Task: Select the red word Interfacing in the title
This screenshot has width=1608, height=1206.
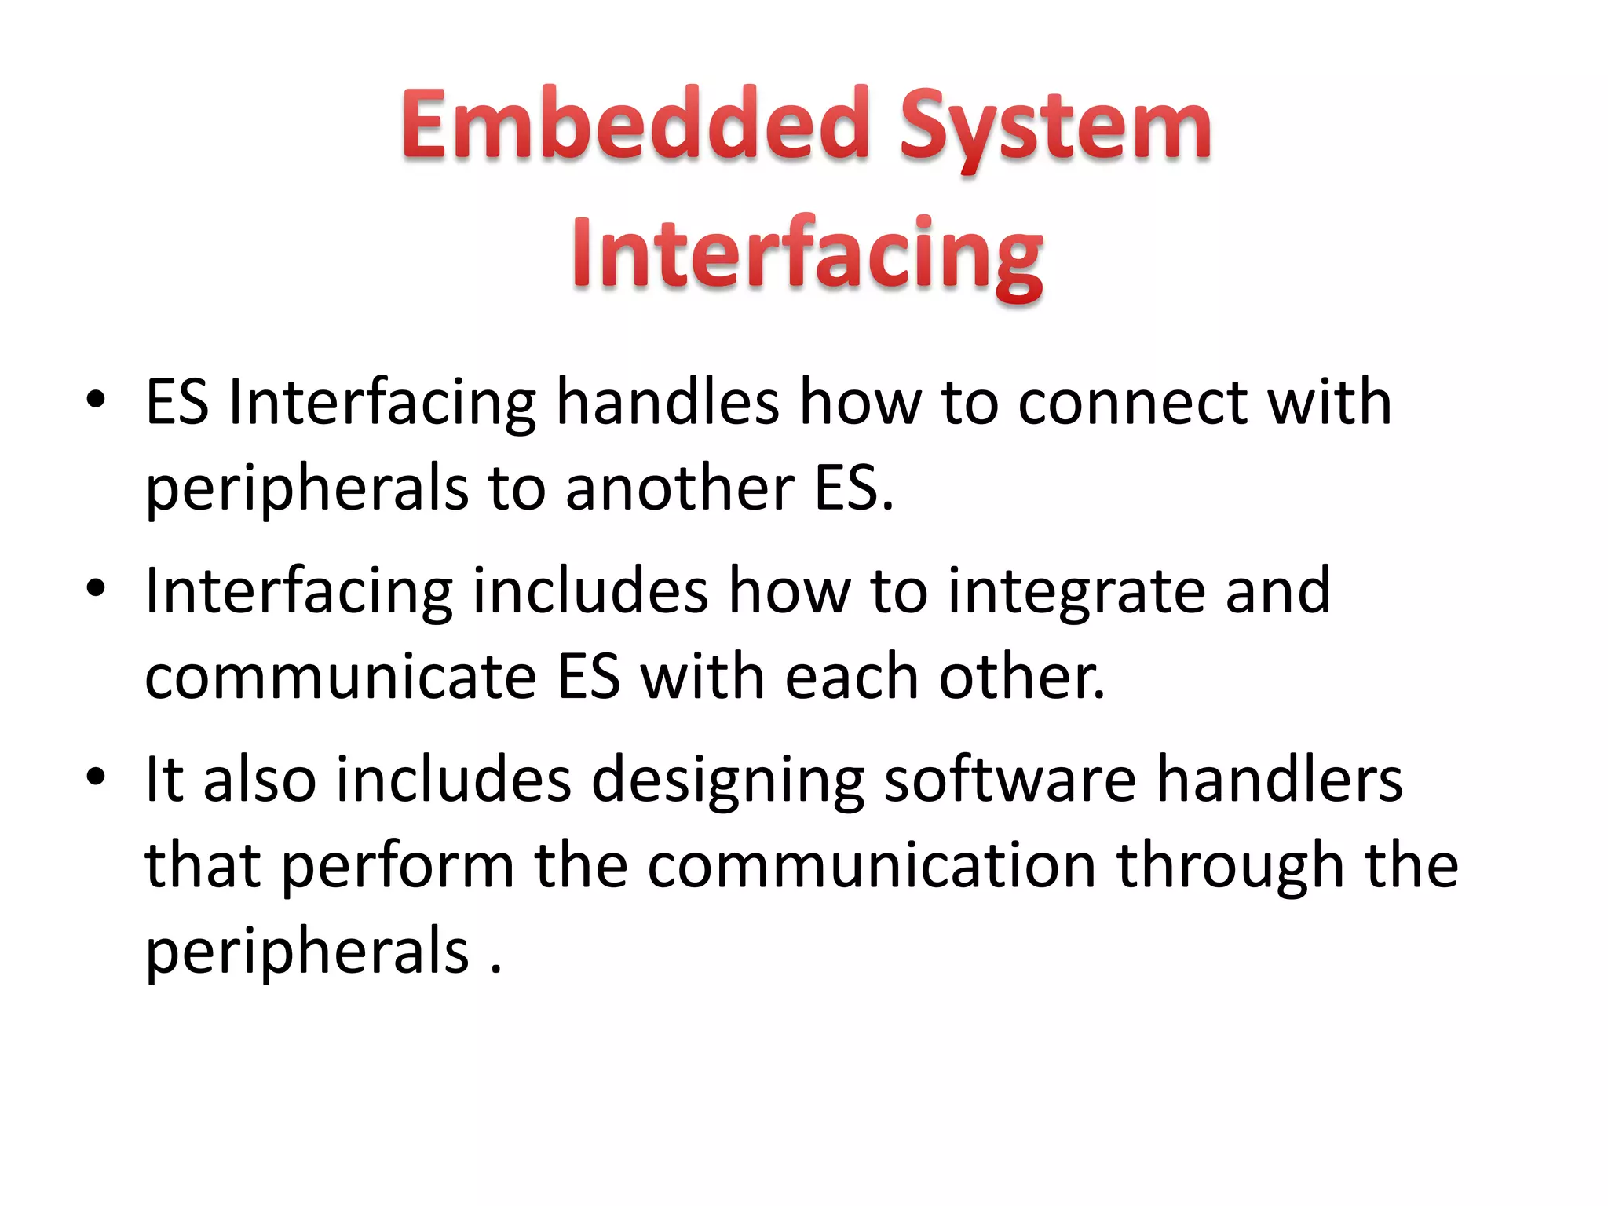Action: [807, 255]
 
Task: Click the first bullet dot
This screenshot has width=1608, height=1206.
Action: [96, 400]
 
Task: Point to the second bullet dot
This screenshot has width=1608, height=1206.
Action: [96, 588]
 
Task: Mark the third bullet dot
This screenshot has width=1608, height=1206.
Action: [96, 777]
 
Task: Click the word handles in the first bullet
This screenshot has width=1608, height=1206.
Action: [667, 402]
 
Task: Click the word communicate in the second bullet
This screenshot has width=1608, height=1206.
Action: [341, 677]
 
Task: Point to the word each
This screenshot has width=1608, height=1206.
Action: [852, 677]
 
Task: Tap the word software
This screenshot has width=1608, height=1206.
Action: [1010, 780]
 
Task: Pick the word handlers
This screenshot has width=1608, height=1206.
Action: [1280, 780]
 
